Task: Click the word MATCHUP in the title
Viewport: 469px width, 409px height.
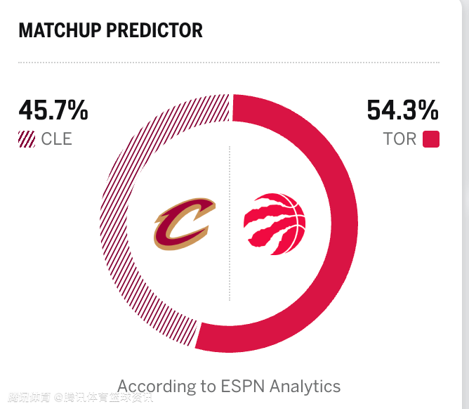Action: [x=60, y=30]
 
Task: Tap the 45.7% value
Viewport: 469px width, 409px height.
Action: [x=53, y=111]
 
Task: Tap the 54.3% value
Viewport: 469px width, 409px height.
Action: [x=402, y=111]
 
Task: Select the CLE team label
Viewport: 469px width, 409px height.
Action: [x=56, y=138]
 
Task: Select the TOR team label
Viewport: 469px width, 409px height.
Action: [x=399, y=138]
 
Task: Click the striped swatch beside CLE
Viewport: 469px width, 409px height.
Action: [x=27, y=138]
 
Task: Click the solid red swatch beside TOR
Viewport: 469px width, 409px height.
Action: [x=431, y=138]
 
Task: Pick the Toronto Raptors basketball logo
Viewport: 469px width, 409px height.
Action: [x=275, y=224]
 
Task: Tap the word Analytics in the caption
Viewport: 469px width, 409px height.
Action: [x=305, y=386]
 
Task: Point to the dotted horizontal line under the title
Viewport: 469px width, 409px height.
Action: [x=229, y=63]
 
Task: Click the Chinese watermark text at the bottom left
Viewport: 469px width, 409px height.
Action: [x=77, y=398]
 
